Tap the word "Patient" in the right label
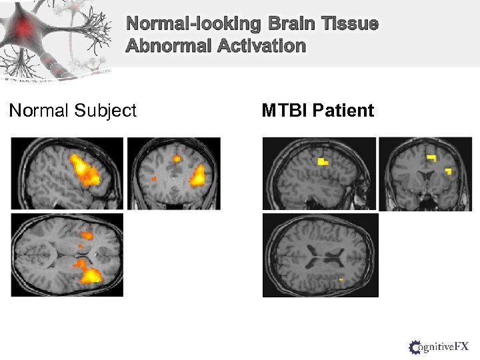click(x=344, y=110)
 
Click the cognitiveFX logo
click(x=439, y=346)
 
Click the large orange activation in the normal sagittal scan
click(x=84, y=170)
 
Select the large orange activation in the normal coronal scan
click(x=199, y=177)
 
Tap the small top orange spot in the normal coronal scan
click(x=177, y=159)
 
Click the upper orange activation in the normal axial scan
click(x=87, y=235)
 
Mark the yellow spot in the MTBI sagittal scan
click(x=323, y=161)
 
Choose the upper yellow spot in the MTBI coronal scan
click(x=431, y=158)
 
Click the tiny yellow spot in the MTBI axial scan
click(x=341, y=280)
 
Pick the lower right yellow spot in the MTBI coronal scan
click(x=448, y=171)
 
